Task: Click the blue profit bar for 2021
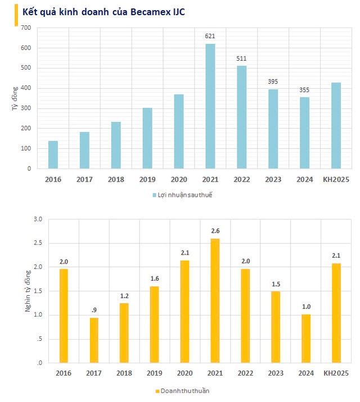click(210, 106)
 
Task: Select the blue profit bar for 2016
click(53, 155)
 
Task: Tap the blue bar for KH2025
click(336, 125)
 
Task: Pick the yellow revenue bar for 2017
click(94, 340)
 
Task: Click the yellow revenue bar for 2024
click(306, 338)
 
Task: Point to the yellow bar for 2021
click(215, 300)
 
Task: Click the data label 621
click(210, 36)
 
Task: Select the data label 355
click(304, 90)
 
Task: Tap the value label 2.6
click(215, 231)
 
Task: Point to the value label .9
click(94, 310)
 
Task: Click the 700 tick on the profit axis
click(26, 28)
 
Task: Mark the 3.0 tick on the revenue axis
click(38, 219)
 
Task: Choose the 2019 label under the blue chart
click(147, 179)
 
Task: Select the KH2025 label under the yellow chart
click(336, 373)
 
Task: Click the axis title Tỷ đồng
click(15, 99)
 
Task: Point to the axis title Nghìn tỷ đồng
click(28, 291)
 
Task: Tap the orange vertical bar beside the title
click(16, 15)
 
